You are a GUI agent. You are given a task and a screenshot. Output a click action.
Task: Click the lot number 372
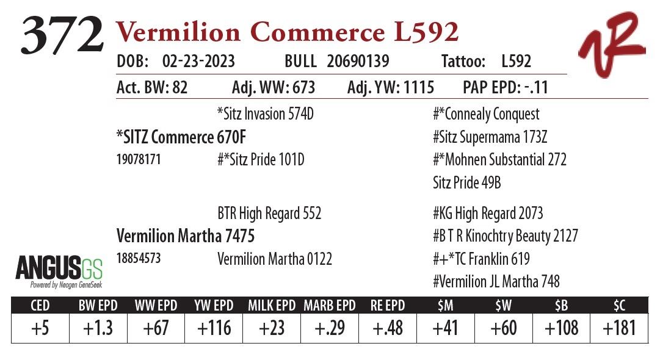point(62,35)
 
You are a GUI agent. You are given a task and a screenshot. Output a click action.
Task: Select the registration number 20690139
point(358,62)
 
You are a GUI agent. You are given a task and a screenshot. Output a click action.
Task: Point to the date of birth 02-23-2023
point(198,62)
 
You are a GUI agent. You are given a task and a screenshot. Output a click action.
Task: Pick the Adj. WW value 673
point(296,88)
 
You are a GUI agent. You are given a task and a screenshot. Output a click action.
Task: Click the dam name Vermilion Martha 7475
point(185,236)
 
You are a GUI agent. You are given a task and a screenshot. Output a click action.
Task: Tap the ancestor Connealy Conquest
point(487,114)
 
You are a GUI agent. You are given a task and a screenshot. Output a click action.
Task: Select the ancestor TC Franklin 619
point(481,259)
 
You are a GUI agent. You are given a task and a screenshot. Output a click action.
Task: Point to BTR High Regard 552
point(269,214)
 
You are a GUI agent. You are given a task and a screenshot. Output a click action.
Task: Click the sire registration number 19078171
point(139,160)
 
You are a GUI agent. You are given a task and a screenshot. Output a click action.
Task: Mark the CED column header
point(40,305)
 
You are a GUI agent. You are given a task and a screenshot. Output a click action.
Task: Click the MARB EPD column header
point(330,305)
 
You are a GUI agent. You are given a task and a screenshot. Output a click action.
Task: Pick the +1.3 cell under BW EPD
point(98,328)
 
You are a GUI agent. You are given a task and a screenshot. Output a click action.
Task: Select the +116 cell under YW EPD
point(214,328)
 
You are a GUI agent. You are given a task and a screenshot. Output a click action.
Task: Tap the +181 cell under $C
point(619,328)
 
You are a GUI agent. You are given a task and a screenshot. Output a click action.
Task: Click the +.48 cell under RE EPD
point(387,328)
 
